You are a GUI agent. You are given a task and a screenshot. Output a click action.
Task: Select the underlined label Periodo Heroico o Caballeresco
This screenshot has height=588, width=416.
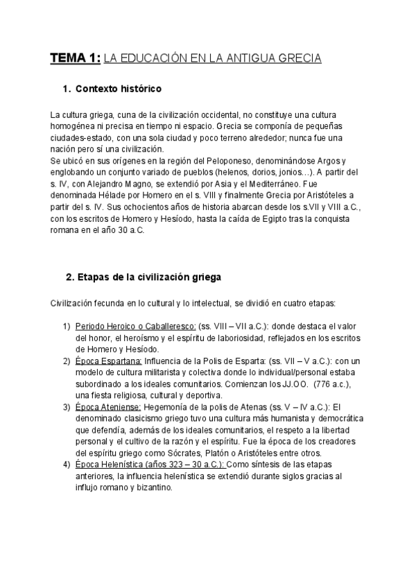pyautogui.click(x=135, y=326)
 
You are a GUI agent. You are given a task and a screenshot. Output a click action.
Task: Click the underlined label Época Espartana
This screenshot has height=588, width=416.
pyautogui.click(x=108, y=361)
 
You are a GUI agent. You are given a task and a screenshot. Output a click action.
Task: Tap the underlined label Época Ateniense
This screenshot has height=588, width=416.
pyautogui.click(x=108, y=407)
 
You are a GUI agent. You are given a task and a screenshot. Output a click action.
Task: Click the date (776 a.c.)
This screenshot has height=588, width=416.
pyautogui.click(x=334, y=384)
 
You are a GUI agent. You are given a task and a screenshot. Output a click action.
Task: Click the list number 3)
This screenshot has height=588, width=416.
pyautogui.click(x=67, y=407)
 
